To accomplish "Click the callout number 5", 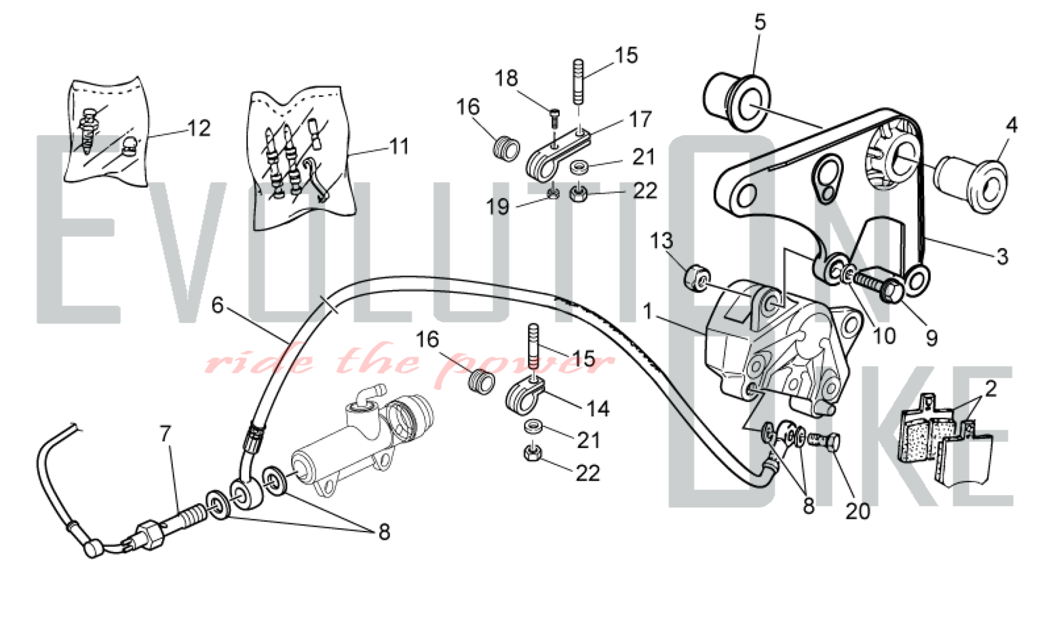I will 760,22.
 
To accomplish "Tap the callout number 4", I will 1011,125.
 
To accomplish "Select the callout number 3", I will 1002,257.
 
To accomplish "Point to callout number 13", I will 661,241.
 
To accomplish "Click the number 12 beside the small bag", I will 199,128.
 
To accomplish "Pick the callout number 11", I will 399,147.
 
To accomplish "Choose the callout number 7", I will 165,434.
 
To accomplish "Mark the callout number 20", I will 857,511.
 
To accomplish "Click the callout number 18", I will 506,79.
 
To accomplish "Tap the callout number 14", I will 598,409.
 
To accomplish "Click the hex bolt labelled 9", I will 879,287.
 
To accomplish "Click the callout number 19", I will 497,207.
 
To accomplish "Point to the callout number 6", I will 217,305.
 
